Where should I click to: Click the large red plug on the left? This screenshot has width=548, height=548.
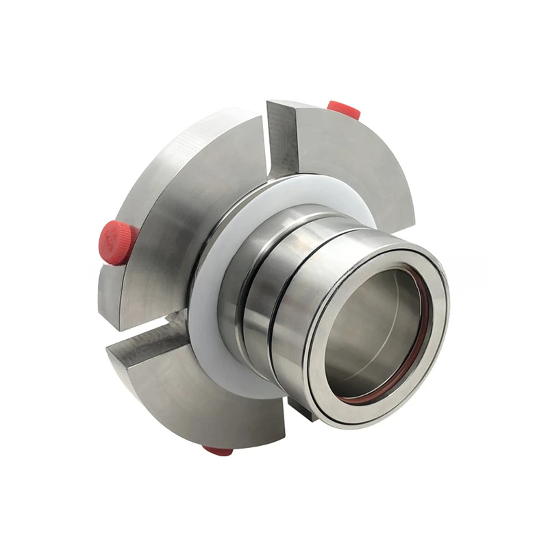116,242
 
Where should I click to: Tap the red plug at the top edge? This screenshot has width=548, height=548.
343,108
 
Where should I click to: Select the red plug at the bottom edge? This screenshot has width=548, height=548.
218,450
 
